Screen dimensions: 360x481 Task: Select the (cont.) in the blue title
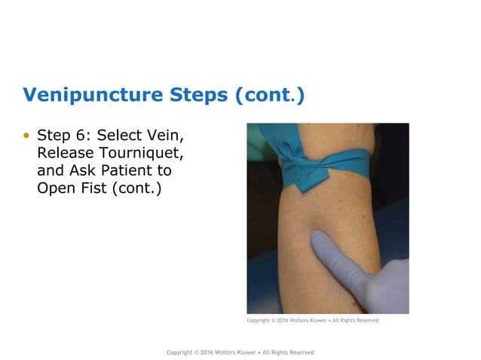(x=269, y=96)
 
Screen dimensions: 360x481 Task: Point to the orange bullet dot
(x=28, y=136)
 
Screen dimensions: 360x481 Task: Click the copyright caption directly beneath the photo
(x=312, y=321)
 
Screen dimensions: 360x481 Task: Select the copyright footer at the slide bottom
(x=240, y=352)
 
